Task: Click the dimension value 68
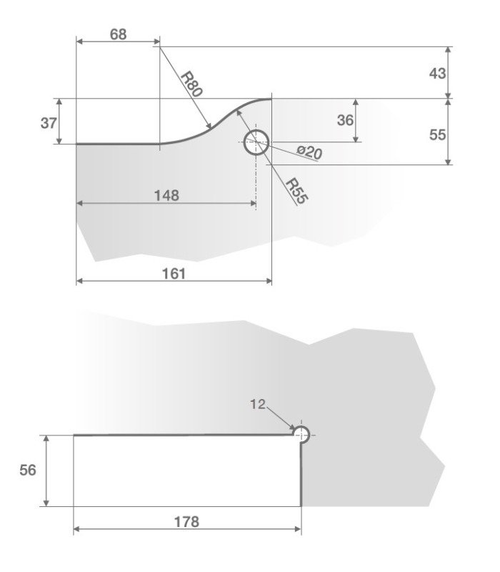119,34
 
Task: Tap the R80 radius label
191,84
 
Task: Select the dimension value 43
437,74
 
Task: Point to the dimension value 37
49,123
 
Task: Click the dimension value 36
345,120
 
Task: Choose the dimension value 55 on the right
437,134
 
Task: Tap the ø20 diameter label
309,152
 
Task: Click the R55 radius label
296,191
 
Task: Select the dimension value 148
166,195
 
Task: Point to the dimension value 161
174,274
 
